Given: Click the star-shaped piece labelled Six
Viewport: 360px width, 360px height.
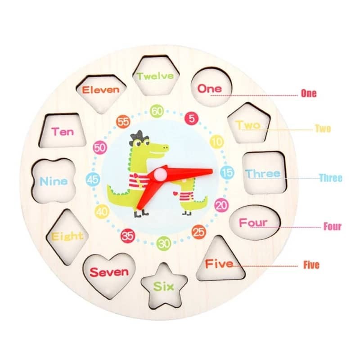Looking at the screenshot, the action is (x=164, y=286).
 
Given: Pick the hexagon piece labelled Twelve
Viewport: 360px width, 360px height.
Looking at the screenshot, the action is (x=156, y=75).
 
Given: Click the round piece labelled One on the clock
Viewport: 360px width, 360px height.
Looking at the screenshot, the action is (x=211, y=87).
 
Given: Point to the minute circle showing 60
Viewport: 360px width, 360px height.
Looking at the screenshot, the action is (x=157, y=111).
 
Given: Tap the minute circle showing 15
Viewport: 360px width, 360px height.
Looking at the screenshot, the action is (x=227, y=173).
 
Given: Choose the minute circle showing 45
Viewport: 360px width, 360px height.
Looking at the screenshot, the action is (x=93, y=179).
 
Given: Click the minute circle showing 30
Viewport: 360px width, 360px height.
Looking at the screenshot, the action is (x=164, y=243).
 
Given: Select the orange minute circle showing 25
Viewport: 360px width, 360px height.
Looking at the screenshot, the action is (x=198, y=232).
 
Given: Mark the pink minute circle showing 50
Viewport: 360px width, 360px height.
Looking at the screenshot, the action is (x=100, y=148).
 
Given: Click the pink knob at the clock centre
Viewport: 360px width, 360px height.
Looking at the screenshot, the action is (x=160, y=174).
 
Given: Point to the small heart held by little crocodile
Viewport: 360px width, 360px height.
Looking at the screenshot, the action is (x=175, y=193).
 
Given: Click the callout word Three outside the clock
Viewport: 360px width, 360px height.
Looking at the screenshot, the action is (x=331, y=178).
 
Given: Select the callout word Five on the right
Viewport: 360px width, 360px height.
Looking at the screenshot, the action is (x=311, y=265).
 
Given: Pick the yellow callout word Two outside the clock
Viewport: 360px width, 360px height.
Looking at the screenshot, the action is (x=323, y=129).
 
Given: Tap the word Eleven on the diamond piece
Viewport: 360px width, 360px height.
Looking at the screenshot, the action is (x=100, y=90).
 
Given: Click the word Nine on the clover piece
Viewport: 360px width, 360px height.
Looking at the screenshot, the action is (x=54, y=181).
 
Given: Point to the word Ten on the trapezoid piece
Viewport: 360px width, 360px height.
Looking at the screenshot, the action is (x=63, y=131).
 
